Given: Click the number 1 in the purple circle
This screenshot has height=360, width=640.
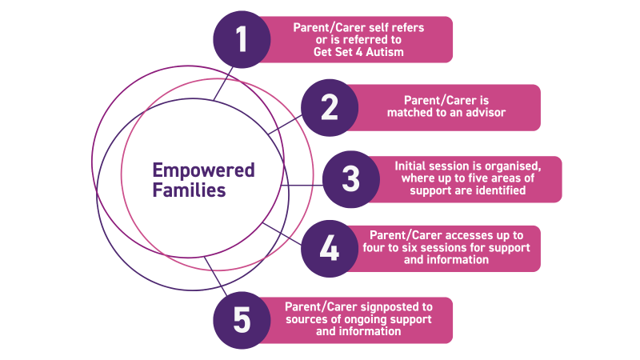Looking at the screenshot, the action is coord(242,39).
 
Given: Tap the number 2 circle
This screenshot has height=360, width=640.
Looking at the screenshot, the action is coord(330,108).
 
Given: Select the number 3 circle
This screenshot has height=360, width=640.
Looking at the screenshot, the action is coord(351,179).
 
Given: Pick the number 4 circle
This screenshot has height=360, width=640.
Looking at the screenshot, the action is coord(330,249).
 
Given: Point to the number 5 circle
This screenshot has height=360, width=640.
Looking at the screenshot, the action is coord(242,320).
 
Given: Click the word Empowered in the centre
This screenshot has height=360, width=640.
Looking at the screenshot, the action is coord(204,171).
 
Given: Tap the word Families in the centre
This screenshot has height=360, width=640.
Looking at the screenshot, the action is coord(189,190).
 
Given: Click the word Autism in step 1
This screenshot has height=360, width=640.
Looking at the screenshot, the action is coord(385,52).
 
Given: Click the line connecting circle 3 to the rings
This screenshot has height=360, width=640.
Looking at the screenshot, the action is coord(302,186).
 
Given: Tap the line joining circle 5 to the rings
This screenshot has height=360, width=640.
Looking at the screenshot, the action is coord(215,276).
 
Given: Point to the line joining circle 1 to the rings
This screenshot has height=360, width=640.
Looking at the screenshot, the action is coord(223,84).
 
